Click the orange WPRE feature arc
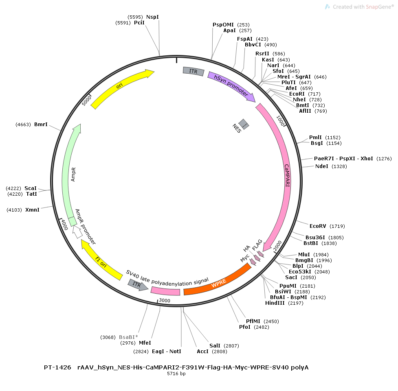tap(219, 283)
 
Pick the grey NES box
tap(244, 124)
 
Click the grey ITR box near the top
tap(194, 71)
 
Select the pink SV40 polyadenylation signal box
tap(165, 291)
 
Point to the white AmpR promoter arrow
tap(77, 232)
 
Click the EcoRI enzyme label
tap(297, 94)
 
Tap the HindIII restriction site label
tap(275, 303)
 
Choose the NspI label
tap(152, 17)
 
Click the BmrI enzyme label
tap(41, 125)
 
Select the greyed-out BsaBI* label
tap(128, 337)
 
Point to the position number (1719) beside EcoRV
tap(337, 226)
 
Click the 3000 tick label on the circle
tap(165, 301)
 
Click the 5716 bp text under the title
tap(176, 374)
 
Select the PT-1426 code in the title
tap(57, 367)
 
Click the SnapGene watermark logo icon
tap(328, 7)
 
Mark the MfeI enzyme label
tap(145, 343)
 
